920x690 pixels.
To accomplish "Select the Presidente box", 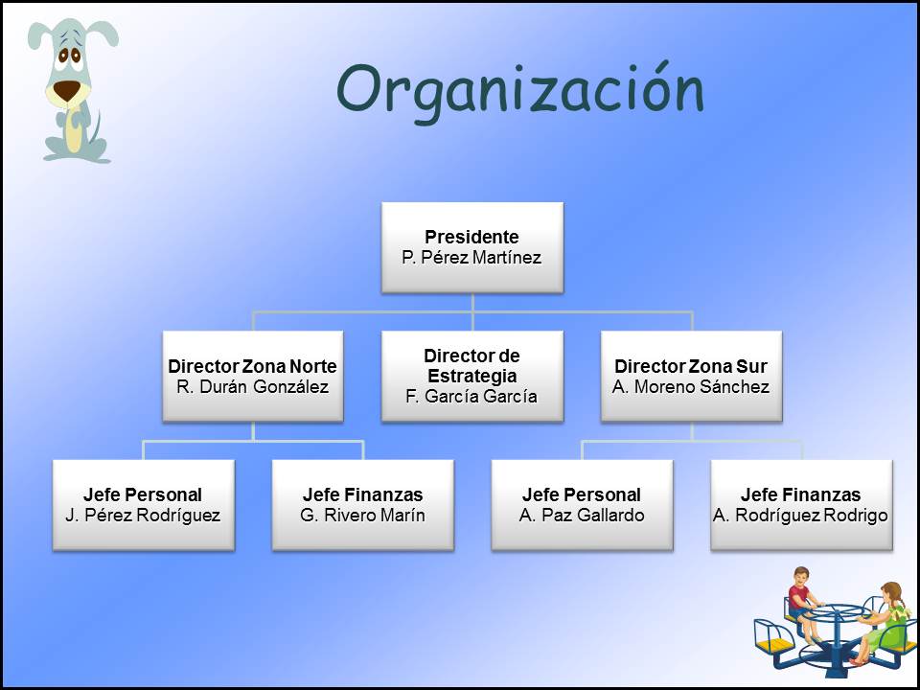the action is coord(472,247).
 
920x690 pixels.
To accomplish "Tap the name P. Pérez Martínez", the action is coord(471,258).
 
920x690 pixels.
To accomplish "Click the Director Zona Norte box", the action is coord(253,376).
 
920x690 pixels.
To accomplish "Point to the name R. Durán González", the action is coord(252,386).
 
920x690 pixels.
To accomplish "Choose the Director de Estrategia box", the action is coord(472,376).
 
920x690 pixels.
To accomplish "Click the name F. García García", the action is coord(471,397).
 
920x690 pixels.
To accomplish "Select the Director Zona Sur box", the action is coord(691,376).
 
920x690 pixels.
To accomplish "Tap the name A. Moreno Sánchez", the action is coord(691,386).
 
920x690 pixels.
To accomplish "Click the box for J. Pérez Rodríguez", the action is coord(144,505).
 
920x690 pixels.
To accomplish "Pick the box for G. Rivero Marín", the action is coord(362,505).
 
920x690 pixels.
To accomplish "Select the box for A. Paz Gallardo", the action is coord(582,505).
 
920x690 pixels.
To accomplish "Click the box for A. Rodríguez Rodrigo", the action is coord(801,505).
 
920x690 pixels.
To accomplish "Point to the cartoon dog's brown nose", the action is coord(66,90).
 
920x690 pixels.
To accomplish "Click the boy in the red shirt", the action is coord(804,605).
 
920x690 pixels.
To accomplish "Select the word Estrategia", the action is coord(472,376).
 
